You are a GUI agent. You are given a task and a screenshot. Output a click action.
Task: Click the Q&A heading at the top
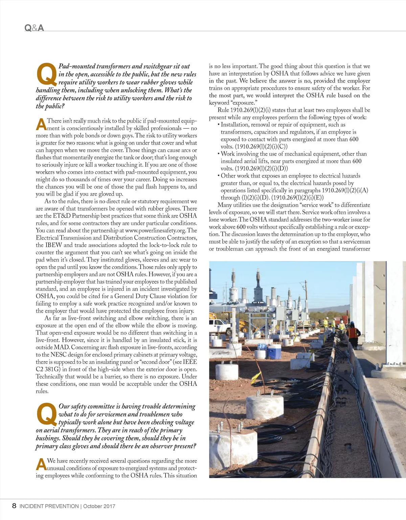coord(34,28)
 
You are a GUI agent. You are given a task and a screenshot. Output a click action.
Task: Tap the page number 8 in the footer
coord(14,506)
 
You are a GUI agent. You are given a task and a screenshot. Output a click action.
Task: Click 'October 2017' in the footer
coord(99,506)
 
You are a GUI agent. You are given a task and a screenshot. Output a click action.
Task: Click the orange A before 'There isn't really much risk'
coord(41,124)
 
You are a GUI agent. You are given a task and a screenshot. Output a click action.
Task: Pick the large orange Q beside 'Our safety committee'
coord(46,414)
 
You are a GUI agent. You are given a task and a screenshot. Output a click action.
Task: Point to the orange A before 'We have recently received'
coord(41,464)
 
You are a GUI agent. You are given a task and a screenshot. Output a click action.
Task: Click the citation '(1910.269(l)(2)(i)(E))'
coord(297,198)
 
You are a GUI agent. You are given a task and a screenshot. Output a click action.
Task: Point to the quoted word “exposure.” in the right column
coord(245,103)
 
